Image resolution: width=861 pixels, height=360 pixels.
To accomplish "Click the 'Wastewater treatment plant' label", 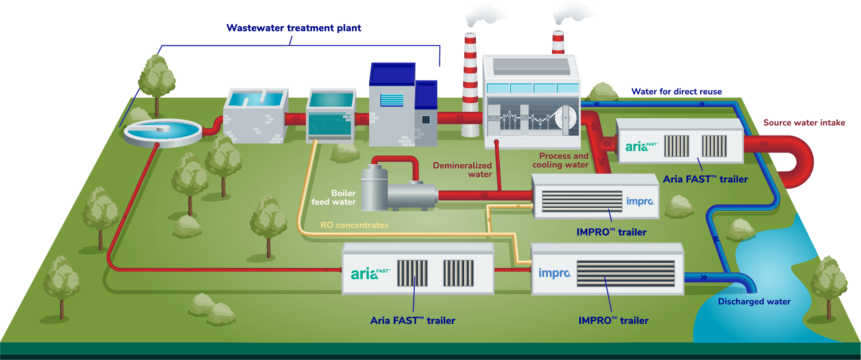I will (x=293, y=28).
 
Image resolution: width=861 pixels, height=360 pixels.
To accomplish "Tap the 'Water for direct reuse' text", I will (x=676, y=92).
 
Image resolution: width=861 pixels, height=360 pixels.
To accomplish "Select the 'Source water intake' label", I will (x=804, y=123).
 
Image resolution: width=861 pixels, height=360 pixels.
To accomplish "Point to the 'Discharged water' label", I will (x=754, y=302).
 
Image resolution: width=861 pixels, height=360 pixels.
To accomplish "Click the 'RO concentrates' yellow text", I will (x=354, y=225).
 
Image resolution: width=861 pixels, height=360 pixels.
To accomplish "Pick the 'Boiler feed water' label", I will (x=334, y=197).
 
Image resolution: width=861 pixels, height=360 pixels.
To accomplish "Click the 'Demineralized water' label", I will (x=463, y=169).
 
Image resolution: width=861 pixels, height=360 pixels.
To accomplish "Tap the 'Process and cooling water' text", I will (x=560, y=160).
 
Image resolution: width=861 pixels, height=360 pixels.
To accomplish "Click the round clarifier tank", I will (x=163, y=131).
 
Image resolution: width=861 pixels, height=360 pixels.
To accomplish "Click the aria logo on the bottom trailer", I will (x=370, y=274).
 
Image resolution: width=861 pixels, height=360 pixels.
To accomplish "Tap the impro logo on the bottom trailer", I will (x=554, y=273).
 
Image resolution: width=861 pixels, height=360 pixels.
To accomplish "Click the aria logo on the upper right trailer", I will (x=641, y=146).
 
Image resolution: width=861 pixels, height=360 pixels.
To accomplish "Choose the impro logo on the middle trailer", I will (x=640, y=201).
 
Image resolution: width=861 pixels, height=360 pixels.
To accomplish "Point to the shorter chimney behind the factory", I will (x=558, y=42).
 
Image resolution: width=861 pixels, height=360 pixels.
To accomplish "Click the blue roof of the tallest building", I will (x=392, y=73).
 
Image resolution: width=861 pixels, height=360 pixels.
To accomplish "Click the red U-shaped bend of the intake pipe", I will (x=800, y=161).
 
